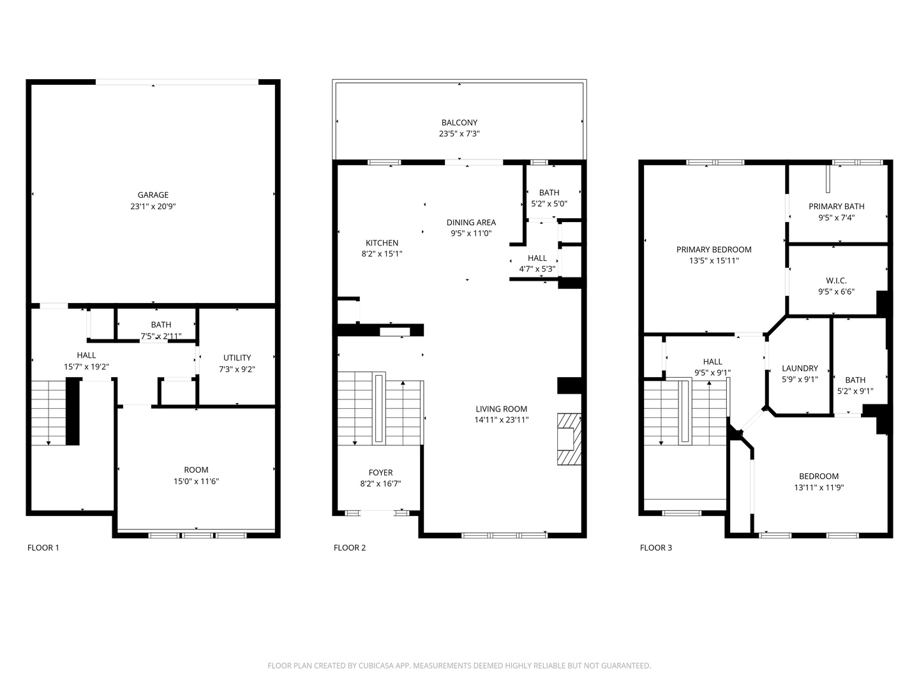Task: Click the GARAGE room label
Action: (x=153, y=195)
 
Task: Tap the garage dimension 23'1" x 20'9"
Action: (x=153, y=207)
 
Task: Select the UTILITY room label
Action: (x=237, y=358)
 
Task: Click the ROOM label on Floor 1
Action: (x=196, y=470)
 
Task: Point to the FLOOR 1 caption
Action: (x=43, y=547)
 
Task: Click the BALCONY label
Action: (x=459, y=122)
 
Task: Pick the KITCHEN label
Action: (x=382, y=243)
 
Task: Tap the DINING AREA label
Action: (x=471, y=223)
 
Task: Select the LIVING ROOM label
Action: (x=501, y=409)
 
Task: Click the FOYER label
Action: (x=380, y=473)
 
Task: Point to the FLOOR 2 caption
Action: (x=350, y=547)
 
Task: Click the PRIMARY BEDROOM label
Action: (x=714, y=249)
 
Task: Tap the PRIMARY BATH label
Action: (x=836, y=206)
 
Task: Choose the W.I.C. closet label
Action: (x=836, y=281)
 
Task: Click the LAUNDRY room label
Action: (x=800, y=368)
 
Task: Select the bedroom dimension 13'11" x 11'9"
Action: (x=819, y=487)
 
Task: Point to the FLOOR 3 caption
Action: (x=656, y=547)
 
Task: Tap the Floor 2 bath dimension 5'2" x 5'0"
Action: (x=549, y=204)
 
